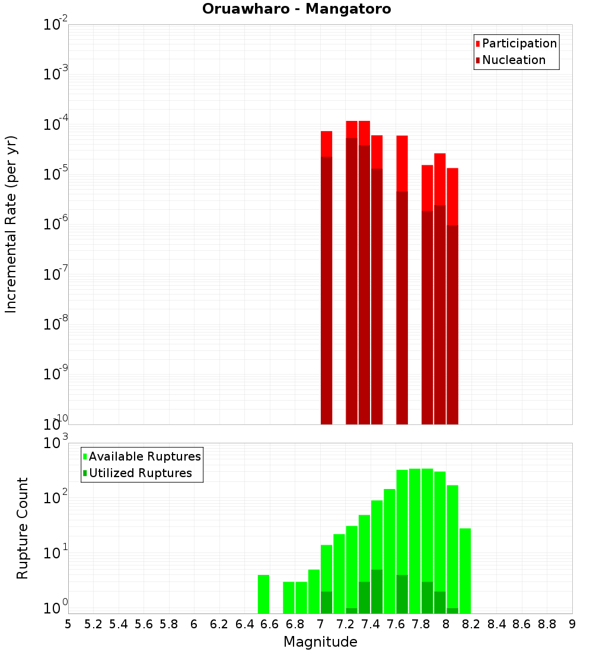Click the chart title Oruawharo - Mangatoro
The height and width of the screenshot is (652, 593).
(296, 9)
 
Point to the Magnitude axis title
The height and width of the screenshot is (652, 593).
(320, 642)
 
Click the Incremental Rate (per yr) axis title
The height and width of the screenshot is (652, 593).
(11, 224)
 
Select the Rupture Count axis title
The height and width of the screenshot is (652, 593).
(23, 528)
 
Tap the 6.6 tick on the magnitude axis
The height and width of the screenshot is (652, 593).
(270, 624)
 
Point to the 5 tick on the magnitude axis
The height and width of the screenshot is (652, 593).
(68, 624)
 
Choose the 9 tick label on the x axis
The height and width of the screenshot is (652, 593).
(572, 624)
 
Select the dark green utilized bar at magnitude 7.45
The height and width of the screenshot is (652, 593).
(377, 592)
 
